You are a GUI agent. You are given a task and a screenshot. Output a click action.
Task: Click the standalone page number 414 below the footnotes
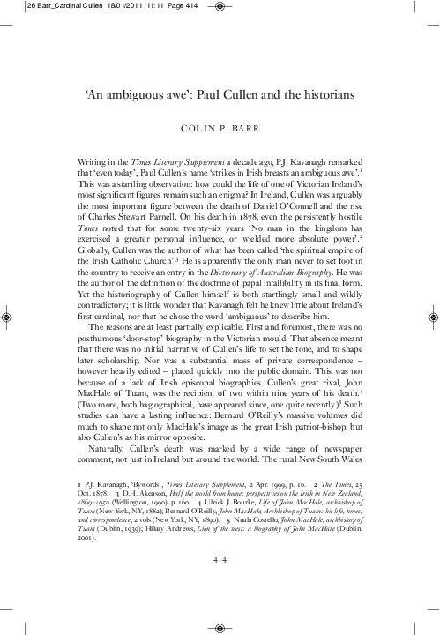click(x=220, y=533)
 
